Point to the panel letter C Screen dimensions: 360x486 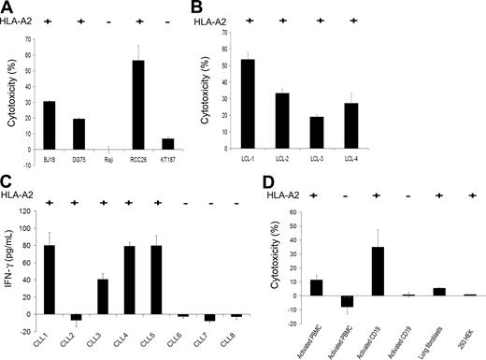(x=6, y=185)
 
